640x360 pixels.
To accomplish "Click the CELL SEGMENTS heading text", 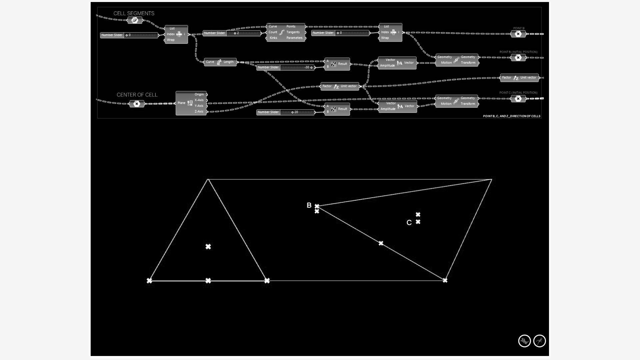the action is [134, 13].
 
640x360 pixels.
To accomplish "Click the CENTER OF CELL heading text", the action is [137, 95].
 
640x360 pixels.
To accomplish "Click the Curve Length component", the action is [220, 62].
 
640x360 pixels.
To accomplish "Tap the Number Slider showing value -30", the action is [285, 67].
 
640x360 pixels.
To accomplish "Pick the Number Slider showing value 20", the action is [285, 112].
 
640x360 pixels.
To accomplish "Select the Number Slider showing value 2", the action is [232, 33].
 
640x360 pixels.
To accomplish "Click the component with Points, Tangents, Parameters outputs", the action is [286, 32].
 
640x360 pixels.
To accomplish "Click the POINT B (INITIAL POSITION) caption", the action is [518, 52].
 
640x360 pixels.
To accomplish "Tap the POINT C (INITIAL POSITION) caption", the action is [518, 93].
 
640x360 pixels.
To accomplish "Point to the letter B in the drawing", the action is [309, 205].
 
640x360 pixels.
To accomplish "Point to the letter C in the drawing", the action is [409, 223].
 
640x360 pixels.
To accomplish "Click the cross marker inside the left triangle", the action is [208, 247].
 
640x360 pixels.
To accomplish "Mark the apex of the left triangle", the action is [208, 179].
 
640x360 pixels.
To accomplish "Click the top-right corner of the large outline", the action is [492, 179].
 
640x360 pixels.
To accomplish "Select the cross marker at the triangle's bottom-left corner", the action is [149, 281].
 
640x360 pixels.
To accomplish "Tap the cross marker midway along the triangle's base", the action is [208, 281].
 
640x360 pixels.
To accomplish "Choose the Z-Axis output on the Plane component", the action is [199, 112].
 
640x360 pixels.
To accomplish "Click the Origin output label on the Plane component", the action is [199, 94].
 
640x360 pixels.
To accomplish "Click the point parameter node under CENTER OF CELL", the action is [137, 104].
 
